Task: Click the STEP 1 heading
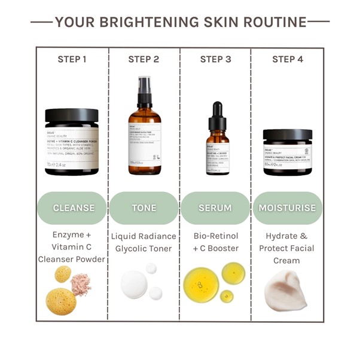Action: [72, 59]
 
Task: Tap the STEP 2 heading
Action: [144, 59]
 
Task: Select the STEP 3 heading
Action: [215, 59]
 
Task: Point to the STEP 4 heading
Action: [288, 59]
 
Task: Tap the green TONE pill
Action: [144, 208]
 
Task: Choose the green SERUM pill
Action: [215, 208]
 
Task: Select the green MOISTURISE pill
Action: [288, 208]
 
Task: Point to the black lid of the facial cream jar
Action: [288, 135]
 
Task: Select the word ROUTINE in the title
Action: [271, 23]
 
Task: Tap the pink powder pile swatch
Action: [81, 283]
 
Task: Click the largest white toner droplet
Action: [134, 285]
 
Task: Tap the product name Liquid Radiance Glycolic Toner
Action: [144, 242]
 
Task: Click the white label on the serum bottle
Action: [218, 157]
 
